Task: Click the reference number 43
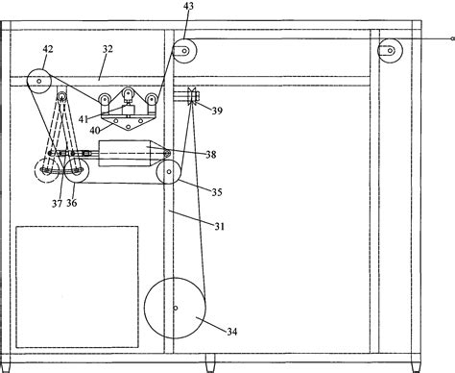188,7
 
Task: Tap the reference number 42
47,47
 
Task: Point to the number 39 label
217,112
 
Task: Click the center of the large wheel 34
176,308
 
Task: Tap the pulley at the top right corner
389,49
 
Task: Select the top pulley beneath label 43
182,50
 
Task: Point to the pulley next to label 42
38,80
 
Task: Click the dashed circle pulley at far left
44,171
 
